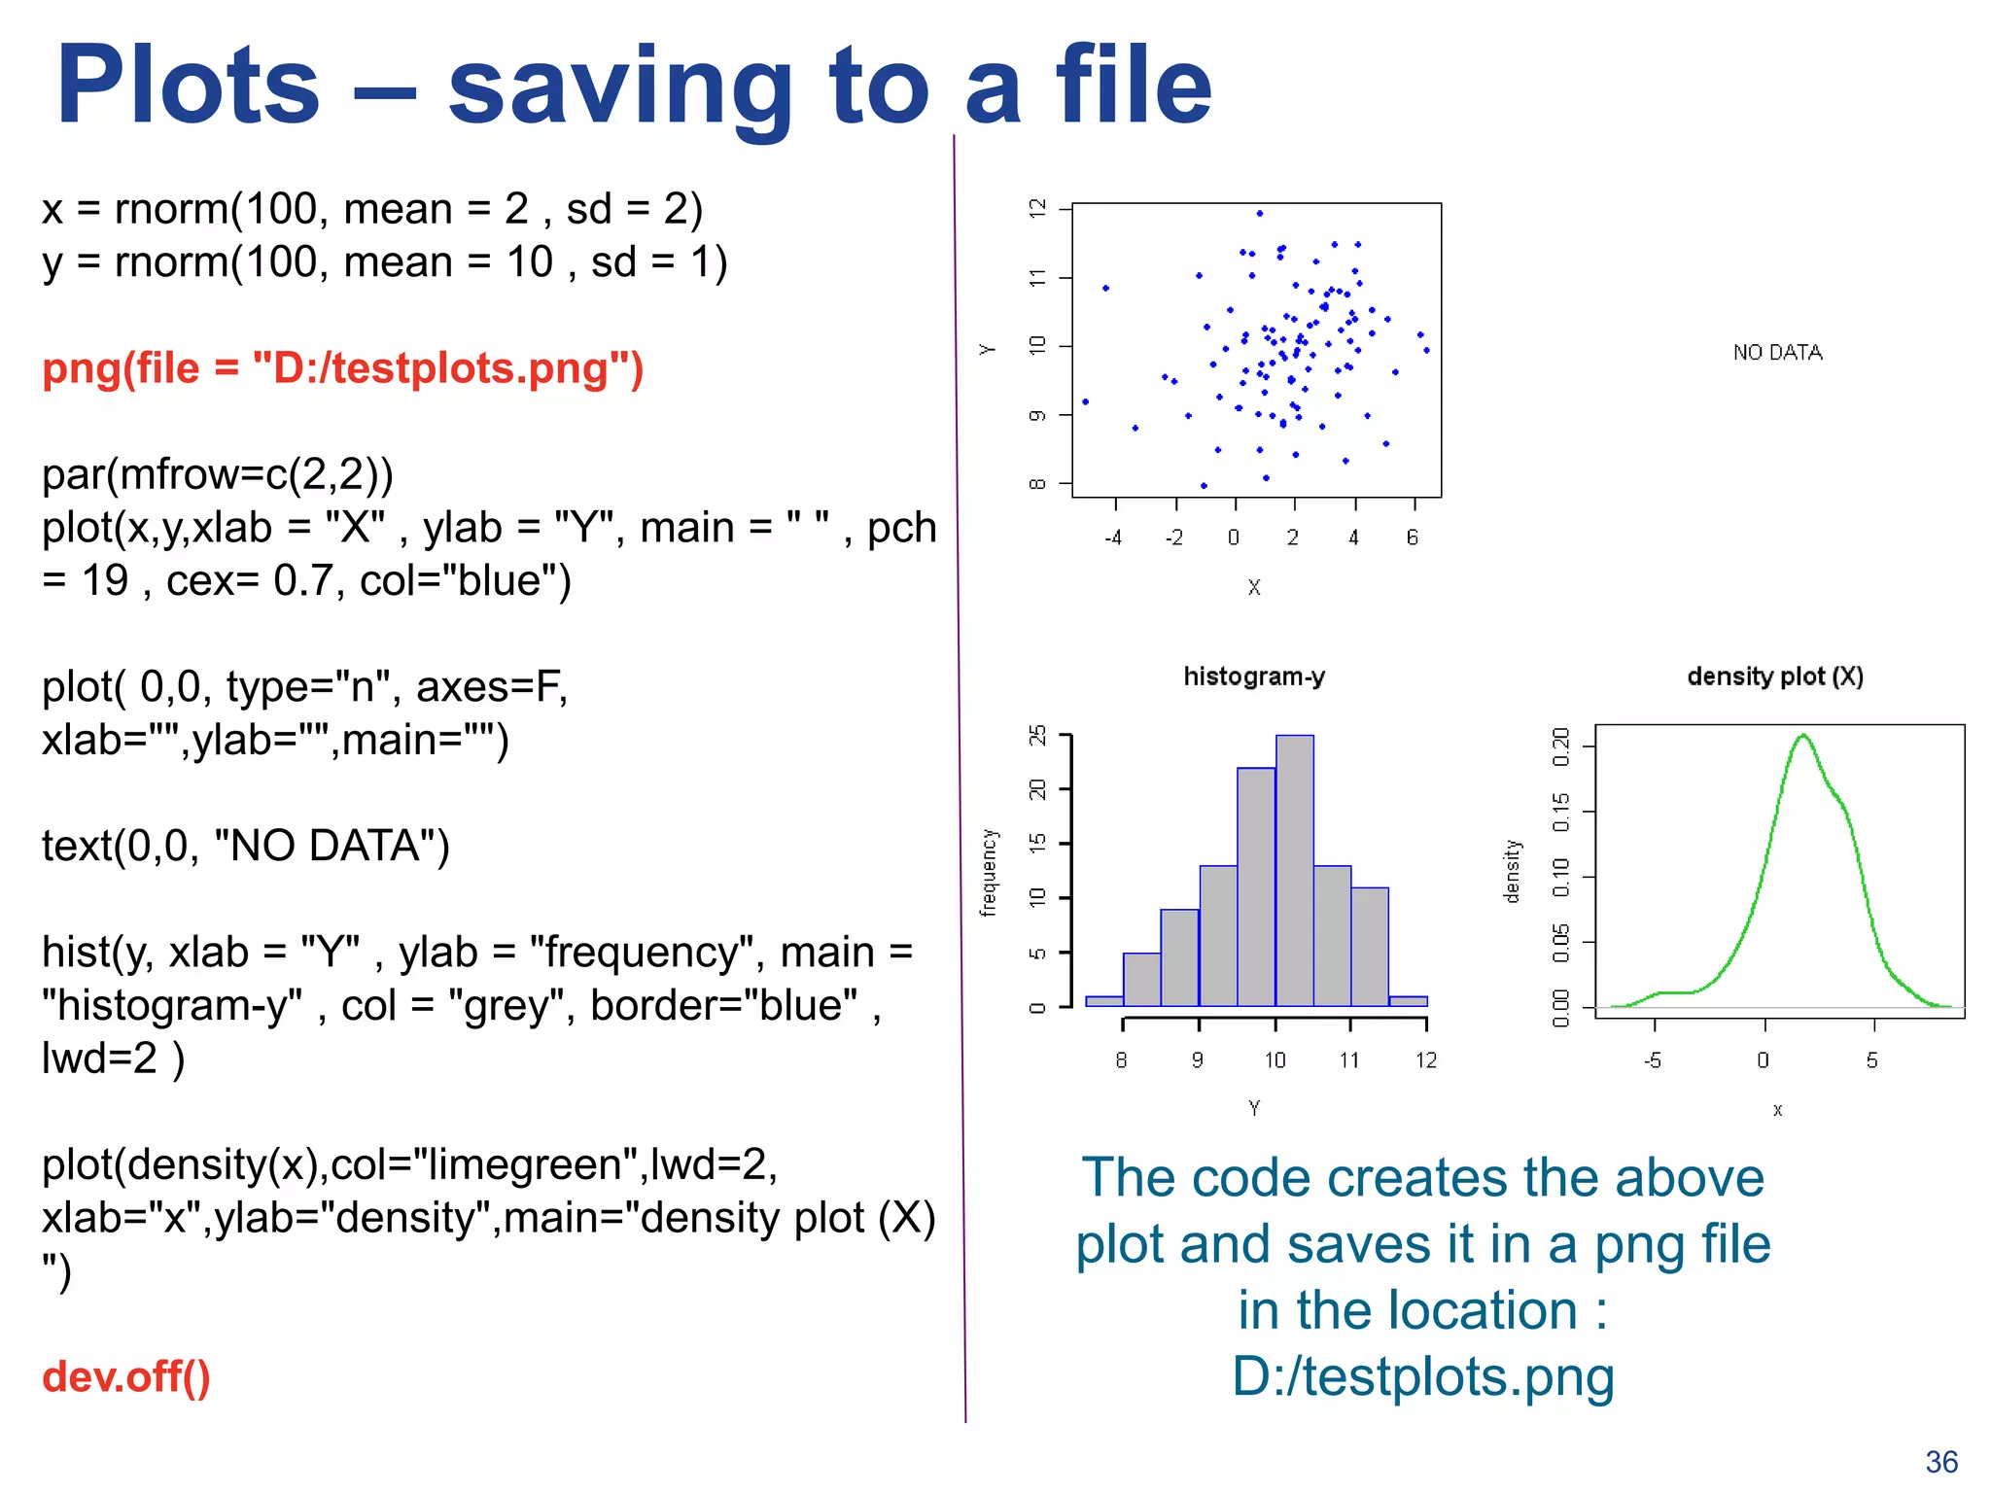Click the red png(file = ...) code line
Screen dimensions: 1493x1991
tap(342, 368)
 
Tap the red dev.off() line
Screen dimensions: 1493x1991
tap(126, 1376)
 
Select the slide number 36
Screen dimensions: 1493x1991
tap(1940, 1462)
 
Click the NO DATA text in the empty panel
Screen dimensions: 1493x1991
tap(1777, 353)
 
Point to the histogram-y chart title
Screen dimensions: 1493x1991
tap(1253, 677)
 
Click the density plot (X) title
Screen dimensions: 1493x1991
tap(1775, 677)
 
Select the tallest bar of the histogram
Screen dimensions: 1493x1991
tap(1294, 870)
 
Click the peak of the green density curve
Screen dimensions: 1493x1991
tap(1803, 736)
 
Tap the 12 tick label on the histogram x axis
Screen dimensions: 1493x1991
tap(1425, 1060)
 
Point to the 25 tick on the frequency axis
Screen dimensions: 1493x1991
tap(1038, 735)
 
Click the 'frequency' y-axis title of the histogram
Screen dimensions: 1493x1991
tap(989, 872)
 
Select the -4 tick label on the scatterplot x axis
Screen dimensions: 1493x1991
tap(1113, 538)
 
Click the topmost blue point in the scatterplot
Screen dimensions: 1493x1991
tap(1259, 213)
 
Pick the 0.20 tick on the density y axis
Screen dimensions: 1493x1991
tap(1561, 746)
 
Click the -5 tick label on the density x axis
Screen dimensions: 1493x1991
tap(1652, 1060)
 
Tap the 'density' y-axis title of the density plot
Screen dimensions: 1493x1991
tap(1512, 871)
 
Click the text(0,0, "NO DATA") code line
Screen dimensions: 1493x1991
tap(245, 846)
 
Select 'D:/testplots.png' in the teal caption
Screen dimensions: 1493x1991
tap(1422, 1376)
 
